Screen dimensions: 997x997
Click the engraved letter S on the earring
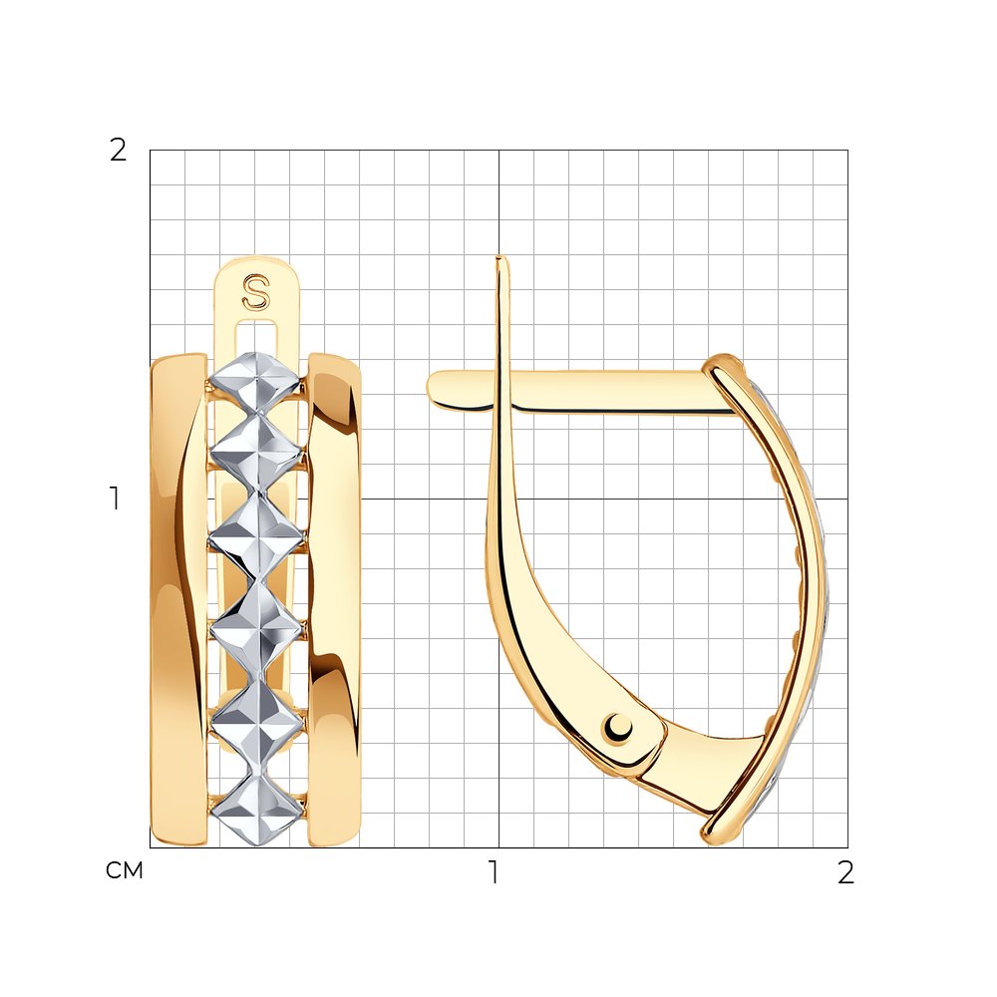click(255, 292)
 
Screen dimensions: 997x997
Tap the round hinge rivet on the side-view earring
click(618, 727)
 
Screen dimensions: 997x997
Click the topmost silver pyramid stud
click(255, 382)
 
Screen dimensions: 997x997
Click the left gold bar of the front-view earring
click(178, 599)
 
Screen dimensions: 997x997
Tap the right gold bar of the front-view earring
click(334, 599)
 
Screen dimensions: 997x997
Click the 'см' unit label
click(125, 870)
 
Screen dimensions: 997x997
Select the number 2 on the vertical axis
click(119, 151)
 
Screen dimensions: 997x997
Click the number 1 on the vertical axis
click(115, 498)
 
